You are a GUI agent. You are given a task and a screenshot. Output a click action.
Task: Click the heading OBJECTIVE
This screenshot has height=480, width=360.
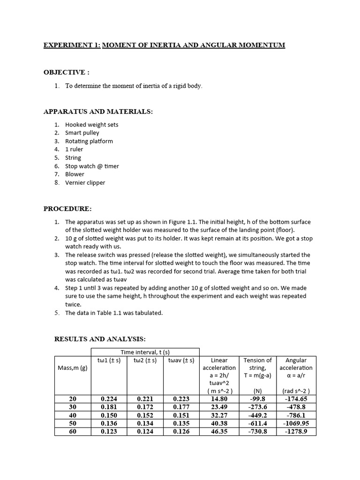pyautogui.click(x=66, y=72)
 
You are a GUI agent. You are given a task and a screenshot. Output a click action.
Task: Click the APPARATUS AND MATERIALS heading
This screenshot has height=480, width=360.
pyautogui.click(x=98, y=112)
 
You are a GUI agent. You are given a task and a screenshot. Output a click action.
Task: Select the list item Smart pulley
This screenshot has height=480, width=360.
pyautogui.click(x=82, y=133)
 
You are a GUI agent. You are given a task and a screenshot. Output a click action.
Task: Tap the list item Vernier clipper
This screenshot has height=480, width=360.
pyautogui.click(x=85, y=183)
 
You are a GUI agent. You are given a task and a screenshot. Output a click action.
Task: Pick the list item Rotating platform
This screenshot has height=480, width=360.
pyautogui.click(x=89, y=141)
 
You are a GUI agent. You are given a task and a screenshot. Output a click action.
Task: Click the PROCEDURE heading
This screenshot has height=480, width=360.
pyautogui.click(x=67, y=209)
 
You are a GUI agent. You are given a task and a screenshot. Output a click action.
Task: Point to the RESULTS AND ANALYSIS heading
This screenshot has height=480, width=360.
pyautogui.click(x=100, y=338)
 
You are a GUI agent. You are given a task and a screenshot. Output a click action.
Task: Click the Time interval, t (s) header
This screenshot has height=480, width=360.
pyautogui.click(x=145, y=352)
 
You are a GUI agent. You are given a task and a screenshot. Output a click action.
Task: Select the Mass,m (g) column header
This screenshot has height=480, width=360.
pyautogui.click(x=72, y=368)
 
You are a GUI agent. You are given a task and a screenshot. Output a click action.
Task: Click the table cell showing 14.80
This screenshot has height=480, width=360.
pyautogui.click(x=219, y=399)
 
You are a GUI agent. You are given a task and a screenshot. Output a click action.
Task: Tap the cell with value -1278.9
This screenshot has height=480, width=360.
pyautogui.click(x=296, y=431)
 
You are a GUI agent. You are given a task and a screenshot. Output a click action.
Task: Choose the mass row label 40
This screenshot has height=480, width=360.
pyautogui.click(x=72, y=415)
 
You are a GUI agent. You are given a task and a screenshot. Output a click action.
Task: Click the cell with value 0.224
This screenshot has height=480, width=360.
pyautogui.click(x=109, y=399)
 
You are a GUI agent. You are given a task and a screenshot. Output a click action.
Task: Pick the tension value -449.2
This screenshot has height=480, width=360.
pyautogui.click(x=257, y=415)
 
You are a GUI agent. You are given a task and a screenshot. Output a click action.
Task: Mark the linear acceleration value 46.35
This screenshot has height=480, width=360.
pyautogui.click(x=219, y=431)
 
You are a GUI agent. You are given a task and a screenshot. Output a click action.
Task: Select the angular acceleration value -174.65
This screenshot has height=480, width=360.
pyautogui.click(x=296, y=399)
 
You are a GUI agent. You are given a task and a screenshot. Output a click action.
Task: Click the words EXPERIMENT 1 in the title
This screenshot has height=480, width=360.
pyautogui.click(x=72, y=45)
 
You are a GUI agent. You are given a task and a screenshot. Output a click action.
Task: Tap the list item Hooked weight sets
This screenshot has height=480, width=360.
pyautogui.click(x=91, y=125)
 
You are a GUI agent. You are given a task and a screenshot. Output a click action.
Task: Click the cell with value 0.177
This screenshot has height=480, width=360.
pyautogui.click(x=181, y=407)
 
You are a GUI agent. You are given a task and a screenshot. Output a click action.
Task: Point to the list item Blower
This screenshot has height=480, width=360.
pyautogui.click(x=75, y=174)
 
